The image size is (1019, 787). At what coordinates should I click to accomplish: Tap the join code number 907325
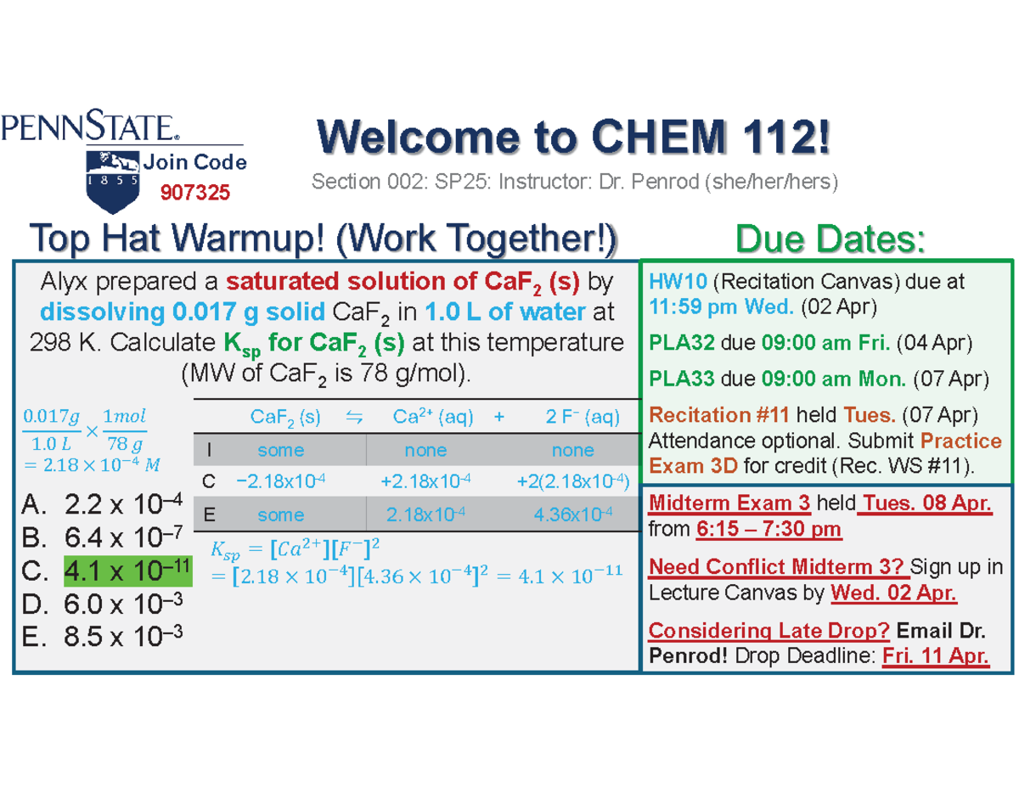[x=195, y=194]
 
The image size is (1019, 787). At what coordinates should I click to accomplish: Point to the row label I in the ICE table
[x=209, y=450]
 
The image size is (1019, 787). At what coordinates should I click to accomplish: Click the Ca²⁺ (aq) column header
[x=433, y=417]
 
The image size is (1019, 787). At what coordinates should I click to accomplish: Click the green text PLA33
[x=678, y=378]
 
